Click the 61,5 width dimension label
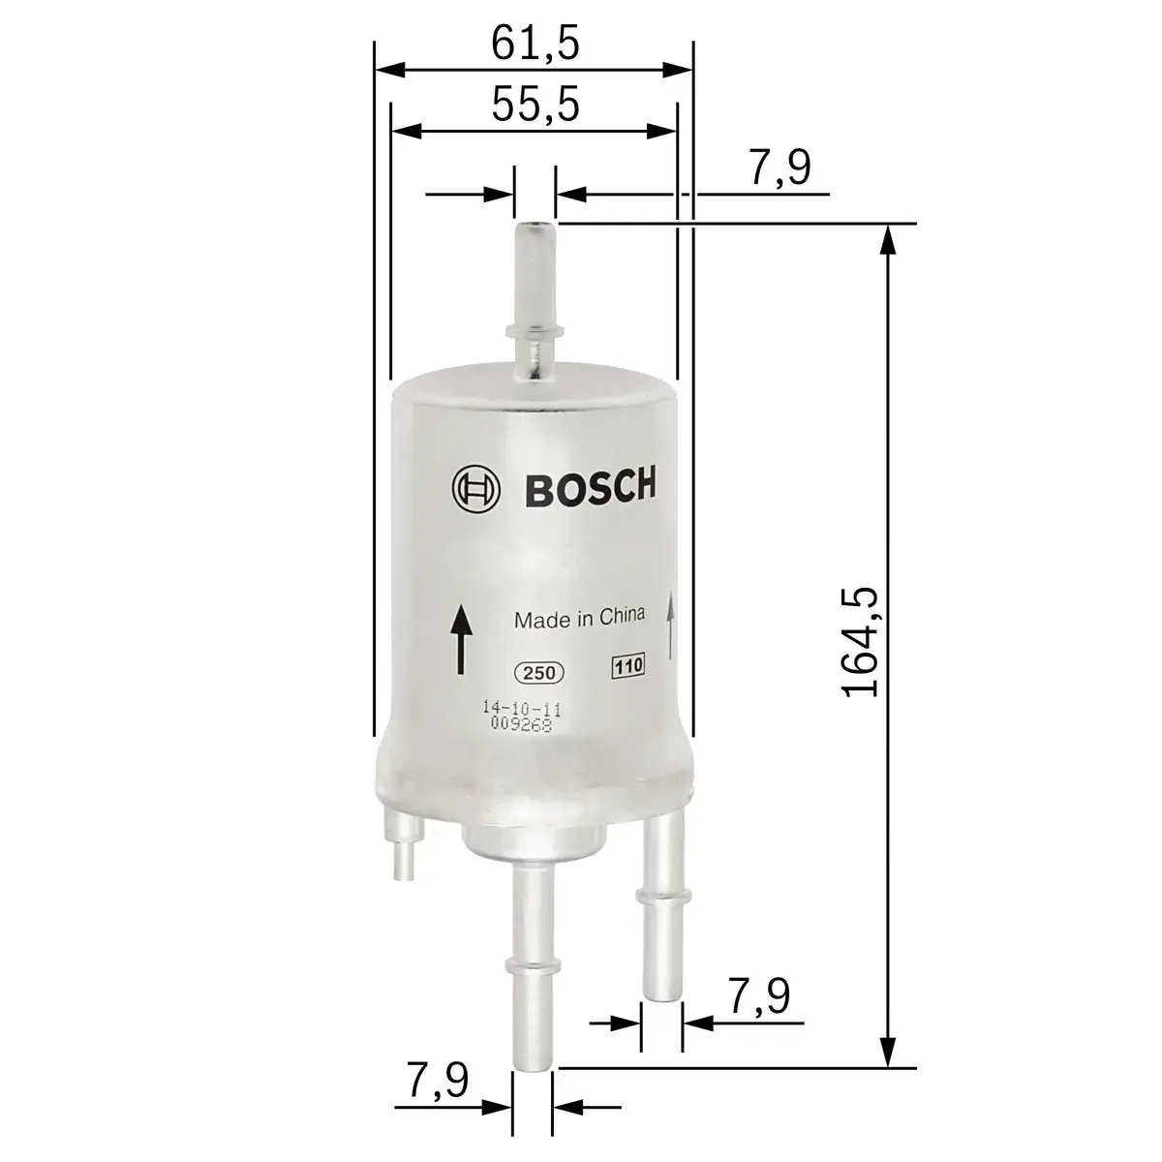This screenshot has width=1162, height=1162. [535, 44]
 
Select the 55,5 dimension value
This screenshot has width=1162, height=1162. [535, 105]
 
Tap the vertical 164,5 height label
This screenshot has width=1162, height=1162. [860, 642]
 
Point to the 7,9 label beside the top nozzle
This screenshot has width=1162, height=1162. [780, 168]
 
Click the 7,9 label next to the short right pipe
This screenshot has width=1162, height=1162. [758, 997]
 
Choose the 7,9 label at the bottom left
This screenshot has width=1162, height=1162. [437, 1081]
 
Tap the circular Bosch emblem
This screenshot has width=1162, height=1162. [475, 488]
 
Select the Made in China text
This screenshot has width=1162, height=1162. [579, 620]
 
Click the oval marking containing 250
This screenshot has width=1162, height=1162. [537, 673]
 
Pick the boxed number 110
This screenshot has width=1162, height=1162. [627, 666]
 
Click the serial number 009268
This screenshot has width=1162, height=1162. [521, 725]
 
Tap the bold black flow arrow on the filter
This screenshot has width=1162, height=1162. [461, 639]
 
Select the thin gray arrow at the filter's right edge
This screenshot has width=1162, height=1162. [670, 626]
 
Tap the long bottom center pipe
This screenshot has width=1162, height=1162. [532, 968]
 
